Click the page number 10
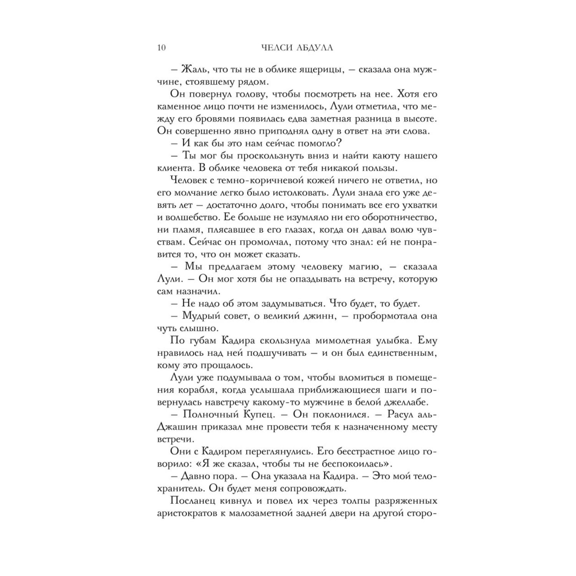coord(161,48)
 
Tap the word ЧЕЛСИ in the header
coord(274,48)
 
